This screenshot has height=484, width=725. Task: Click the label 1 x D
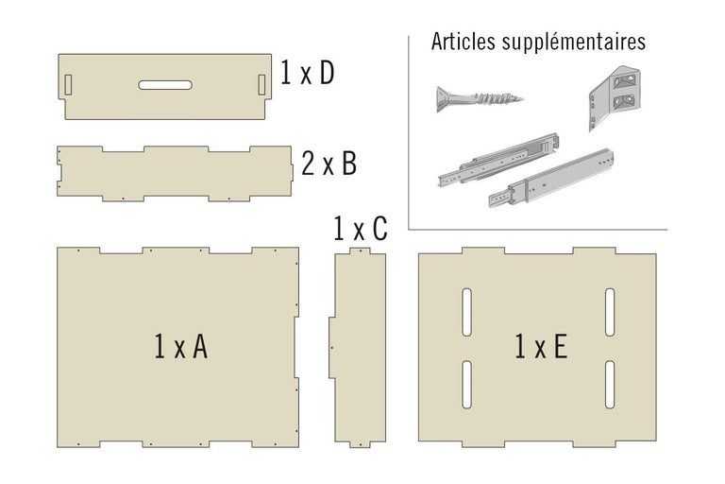(x=308, y=74)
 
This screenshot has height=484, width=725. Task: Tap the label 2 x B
(x=329, y=164)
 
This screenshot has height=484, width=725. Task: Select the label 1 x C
(x=360, y=230)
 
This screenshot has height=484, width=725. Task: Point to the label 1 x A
(x=180, y=347)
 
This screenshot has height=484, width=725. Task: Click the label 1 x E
(x=541, y=348)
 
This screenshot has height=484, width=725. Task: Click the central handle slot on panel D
(x=165, y=85)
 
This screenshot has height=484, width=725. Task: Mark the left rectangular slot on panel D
(x=69, y=83)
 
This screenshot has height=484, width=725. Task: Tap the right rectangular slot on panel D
(x=261, y=83)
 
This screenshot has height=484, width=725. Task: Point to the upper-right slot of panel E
(x=610, y=313)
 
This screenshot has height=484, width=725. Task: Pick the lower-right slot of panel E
(x=610, y=383)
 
